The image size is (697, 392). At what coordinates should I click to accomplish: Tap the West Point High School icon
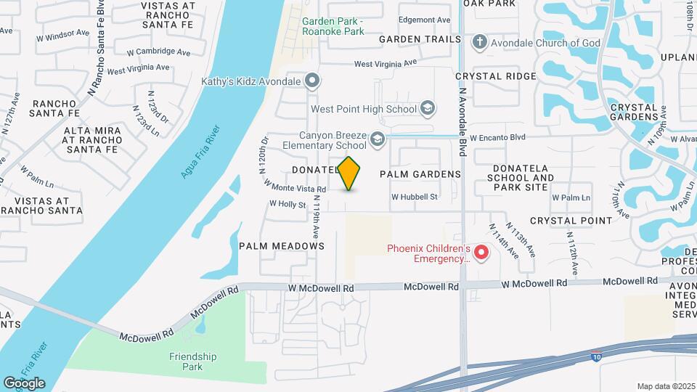pyautogui.click(x=428, y=110)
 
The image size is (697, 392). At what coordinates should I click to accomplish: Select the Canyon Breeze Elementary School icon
pyautogui.click(x=377, y=139)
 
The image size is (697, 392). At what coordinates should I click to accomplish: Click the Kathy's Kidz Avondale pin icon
pyautogui.click(x=311, y=80)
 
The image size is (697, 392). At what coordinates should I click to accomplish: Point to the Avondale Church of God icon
pyautogui.click(x=478, y=43)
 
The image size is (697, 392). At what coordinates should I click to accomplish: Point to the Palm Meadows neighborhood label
pyautogui.click(x=282, y=246)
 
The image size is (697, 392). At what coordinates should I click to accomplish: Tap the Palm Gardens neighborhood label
pyautogui.click(x=420, y=174)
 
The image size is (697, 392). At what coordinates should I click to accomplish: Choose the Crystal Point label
pyautogui.click(x=571, y=221)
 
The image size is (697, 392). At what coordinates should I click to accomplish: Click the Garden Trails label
pyautogui.click(x=420, y=39)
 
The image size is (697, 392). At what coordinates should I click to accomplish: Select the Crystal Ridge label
pyautogui.click(x=496, y=76)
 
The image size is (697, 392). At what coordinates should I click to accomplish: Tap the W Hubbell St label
pyautogui.click(x=415, y=197)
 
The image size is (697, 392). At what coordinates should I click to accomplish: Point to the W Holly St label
pyautogui.click(x=287, y=205)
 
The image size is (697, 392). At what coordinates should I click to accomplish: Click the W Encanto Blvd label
pyautogui.click(x=497, y=136)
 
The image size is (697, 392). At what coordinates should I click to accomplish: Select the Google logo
pyautogui.click(x=24, y=383)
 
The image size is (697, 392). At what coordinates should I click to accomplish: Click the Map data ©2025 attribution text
pyautogui.click(x=665, y=386)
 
